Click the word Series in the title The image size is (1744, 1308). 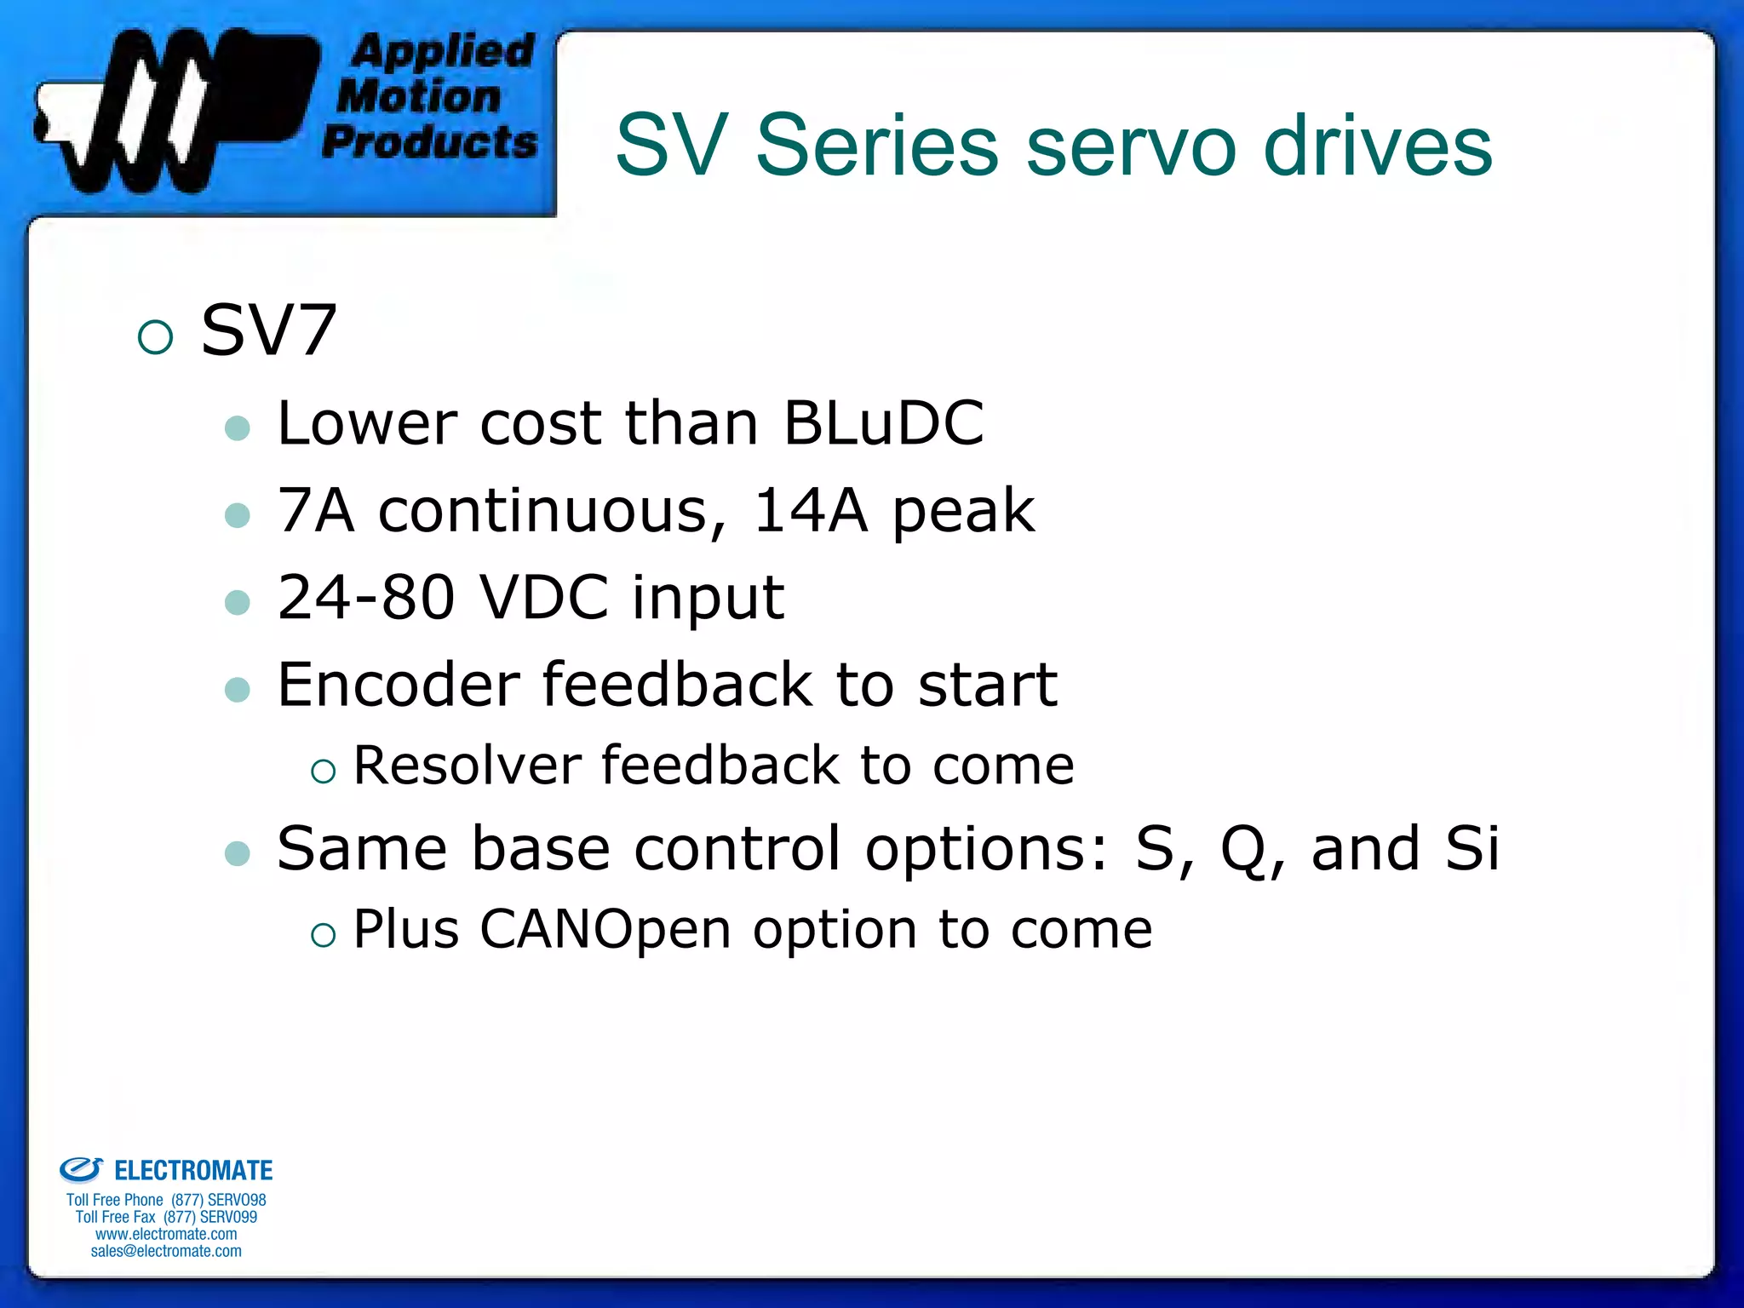coord(877,146)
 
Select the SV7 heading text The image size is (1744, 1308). coord(269,330)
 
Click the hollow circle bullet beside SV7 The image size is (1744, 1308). coord(155,337)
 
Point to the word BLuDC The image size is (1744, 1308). coord(883,423)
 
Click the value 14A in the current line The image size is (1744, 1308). coord(810,511)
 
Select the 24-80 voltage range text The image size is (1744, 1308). coord(366,598)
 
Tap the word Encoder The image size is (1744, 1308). coord(399,685)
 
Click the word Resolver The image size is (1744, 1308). coord(467,766)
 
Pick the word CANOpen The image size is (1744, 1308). coord(605,929)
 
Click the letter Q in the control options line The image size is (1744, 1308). coord(1244,850)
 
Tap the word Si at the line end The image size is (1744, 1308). coord(1471,848)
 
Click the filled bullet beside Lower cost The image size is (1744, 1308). coord(238,427)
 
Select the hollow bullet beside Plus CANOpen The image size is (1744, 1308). coord(324,936)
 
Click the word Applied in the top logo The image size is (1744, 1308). coord(443,51)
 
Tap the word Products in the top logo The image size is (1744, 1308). coord(430,141)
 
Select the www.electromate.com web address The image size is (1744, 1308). coord(166,1234)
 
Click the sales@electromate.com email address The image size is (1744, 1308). coord(166,1251)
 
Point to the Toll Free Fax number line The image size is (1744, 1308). coord(166,1217)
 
